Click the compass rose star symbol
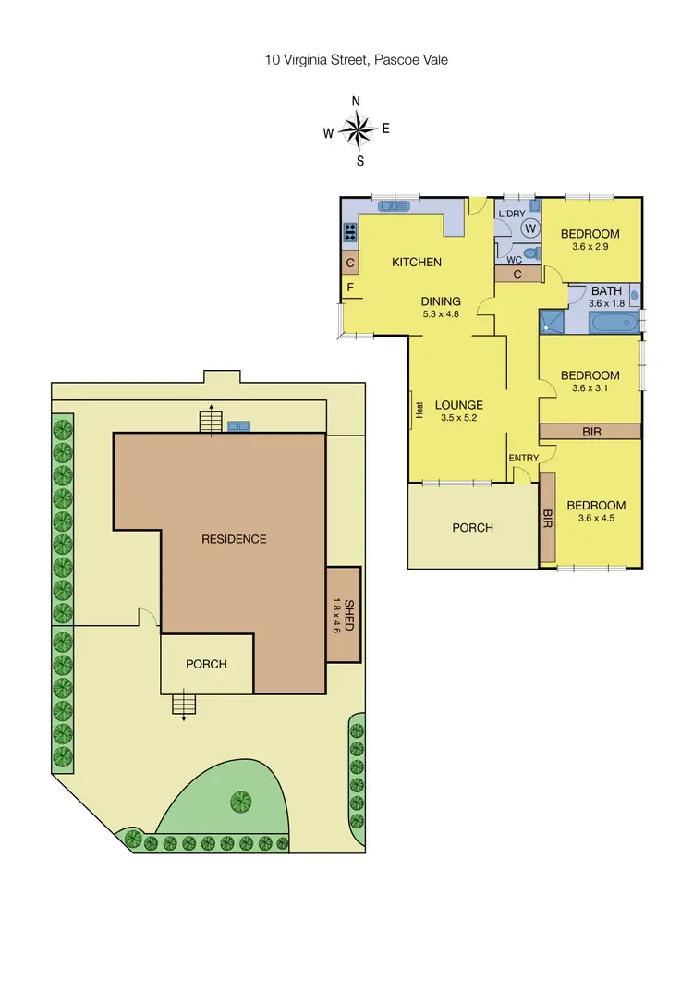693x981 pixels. pyautogui.click(x=356, y=130)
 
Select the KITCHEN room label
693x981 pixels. pyautogui.click(x=417, y=263)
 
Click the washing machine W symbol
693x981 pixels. pyautogui.click(x=530, y=227)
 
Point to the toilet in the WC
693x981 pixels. pyautogui.click(x=529, y=252)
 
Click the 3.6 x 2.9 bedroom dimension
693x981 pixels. pyautogui.click(x=590, y=248)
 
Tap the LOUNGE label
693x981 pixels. pyautogui.click(x=458, y=405)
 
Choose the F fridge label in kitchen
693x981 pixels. pyautogui.click(x=350, y=288)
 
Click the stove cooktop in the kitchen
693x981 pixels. pyautogui.click(x=350, y=233)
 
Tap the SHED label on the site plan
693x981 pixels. pyautogui.click(x=350, y=614)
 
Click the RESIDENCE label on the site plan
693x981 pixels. pyautogui.click(x=234, y=539)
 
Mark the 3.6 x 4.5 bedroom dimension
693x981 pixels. pyautogui.click(x=596, y=520)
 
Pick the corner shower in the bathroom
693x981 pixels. pyautogui.click(x=551, y=322)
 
